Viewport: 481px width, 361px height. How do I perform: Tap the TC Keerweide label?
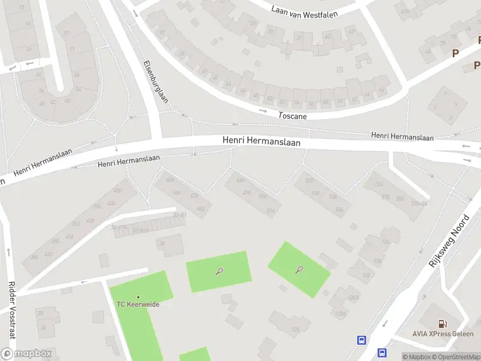coord(138,304)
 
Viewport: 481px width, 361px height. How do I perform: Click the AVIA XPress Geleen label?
coord(443,334)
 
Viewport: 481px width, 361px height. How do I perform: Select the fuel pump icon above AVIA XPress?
coord(443,324)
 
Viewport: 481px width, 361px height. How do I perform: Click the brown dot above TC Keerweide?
coord(138,297)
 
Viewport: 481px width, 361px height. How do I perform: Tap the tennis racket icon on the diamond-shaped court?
coord(299,269)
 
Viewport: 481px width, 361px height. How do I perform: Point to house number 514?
coord(270,211)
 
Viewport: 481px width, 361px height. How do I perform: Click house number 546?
coord(339,210)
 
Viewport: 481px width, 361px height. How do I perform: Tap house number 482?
coord(201,209)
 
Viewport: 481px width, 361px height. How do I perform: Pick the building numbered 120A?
coord(341,313)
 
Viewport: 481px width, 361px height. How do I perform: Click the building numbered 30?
coord(161,244)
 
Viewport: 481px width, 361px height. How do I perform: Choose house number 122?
coord(366,276)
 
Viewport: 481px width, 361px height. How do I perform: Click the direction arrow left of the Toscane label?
coord(263,111)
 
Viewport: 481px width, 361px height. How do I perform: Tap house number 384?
coord(34,258)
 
